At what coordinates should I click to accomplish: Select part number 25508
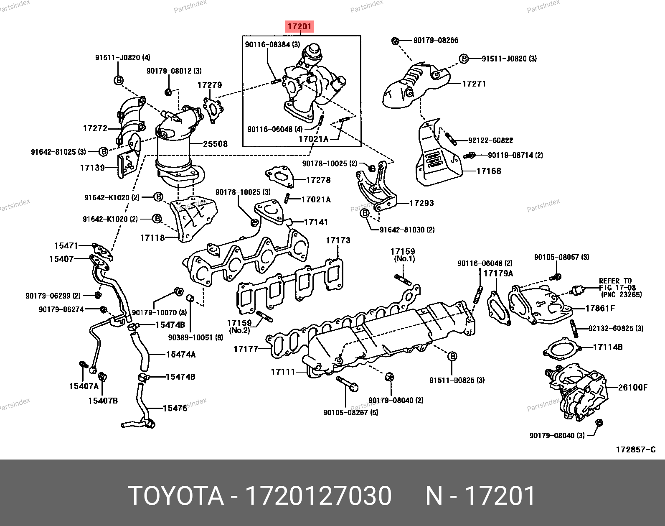(215, 144)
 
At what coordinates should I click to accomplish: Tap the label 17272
(95, 128)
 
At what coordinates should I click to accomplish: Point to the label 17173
(338, 240)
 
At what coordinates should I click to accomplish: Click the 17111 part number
(283, 371)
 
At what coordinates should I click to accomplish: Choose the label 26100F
(632, 388)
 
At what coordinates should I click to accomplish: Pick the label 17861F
(600, 309)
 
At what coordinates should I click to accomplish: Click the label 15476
(175, 408)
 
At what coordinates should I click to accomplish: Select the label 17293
(421, 203)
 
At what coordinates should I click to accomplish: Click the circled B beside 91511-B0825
(452, 356)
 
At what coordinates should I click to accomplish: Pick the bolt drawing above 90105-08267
(346, 383)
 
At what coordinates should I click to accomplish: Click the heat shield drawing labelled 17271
(418, 86)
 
